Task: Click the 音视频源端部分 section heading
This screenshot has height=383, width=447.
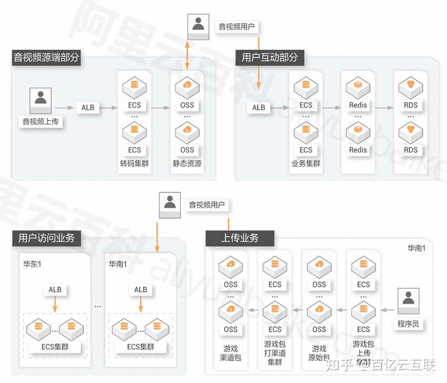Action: coord(46,57)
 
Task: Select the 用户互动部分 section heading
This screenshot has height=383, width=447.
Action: coord(270,57)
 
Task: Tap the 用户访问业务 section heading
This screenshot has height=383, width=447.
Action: coord(46,237)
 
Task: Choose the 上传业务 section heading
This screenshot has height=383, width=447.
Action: coord(240,237)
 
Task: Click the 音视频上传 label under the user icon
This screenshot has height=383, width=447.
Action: coord(41,121)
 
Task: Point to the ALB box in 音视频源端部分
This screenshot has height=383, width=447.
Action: coord(88,108)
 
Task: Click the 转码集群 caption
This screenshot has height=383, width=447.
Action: coord(134,164)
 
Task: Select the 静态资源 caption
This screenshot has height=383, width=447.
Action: coord(187,164)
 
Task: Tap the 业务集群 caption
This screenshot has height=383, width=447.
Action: coord(306,164)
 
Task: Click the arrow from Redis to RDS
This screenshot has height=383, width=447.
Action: coord(381,108)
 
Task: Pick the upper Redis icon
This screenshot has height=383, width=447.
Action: coord(358,85)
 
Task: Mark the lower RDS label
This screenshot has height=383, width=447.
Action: coord(410,150)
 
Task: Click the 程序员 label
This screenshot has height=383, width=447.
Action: coord(408,323)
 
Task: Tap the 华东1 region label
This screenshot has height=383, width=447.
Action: coord(32,264)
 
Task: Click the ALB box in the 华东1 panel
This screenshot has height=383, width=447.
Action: coord(55,289)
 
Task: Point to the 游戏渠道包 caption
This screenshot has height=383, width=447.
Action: coord(231,353)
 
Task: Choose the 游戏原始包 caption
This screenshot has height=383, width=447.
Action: coord(319,353)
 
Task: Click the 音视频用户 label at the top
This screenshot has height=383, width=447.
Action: coord(236,27)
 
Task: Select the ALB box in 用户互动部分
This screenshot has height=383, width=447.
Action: coord(258,108)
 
